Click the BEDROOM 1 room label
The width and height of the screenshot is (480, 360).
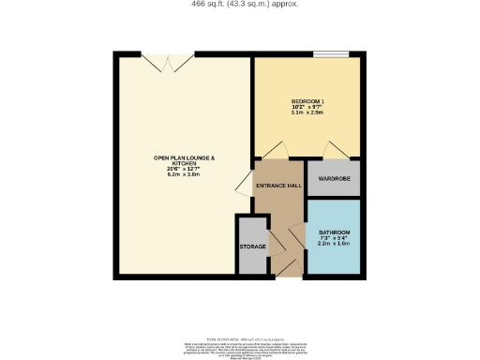307,100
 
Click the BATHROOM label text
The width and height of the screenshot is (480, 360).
335,232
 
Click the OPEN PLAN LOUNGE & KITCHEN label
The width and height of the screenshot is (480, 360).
185,160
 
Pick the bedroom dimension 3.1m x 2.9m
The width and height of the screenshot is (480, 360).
307,113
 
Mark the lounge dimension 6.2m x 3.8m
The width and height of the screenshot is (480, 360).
185,174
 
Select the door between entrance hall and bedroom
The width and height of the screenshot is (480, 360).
272,151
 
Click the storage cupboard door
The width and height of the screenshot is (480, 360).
275,243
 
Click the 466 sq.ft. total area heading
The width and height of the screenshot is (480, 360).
240,5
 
